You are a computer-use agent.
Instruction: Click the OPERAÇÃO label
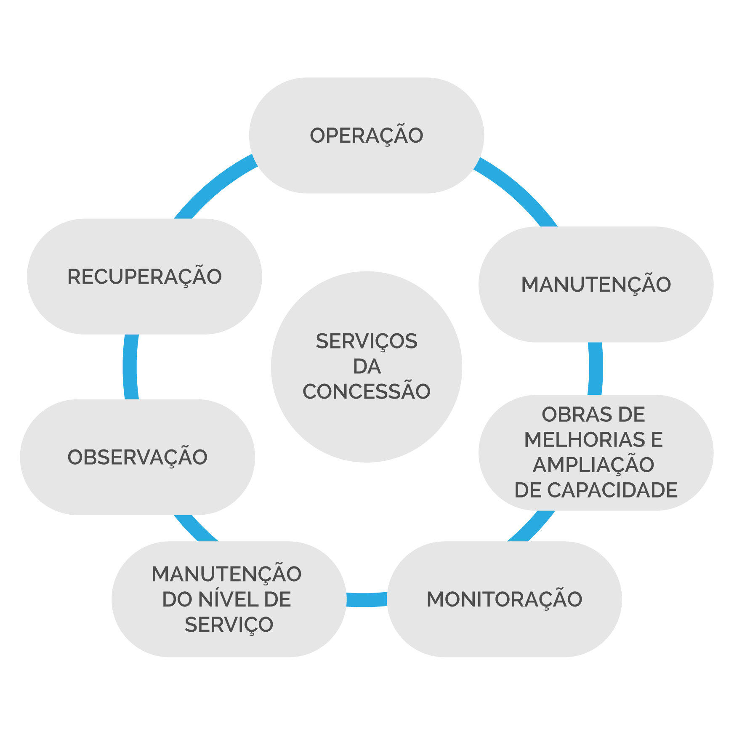coord(366,136)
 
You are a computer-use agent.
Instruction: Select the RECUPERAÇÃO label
coord(144,277)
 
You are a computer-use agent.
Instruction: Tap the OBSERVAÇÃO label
coord(137,457)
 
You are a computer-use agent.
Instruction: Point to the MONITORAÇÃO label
coord(504,599)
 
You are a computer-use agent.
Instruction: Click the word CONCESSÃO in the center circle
coord(366,391)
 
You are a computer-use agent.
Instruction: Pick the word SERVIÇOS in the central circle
coord(366,341)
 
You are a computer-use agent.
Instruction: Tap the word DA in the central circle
coord(367,367)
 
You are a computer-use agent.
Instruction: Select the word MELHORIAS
coord(584,440)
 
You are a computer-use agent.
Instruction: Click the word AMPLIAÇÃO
coord(593,465)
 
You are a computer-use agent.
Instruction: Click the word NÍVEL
coord(223,599)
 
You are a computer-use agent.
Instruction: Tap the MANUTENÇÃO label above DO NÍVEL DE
coord(226,574)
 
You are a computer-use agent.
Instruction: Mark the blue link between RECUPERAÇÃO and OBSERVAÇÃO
coord(130,367)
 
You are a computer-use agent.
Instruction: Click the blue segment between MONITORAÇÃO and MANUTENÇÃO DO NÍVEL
coord(366,599)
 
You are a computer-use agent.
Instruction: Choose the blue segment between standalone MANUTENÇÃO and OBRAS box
coord(595,368)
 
